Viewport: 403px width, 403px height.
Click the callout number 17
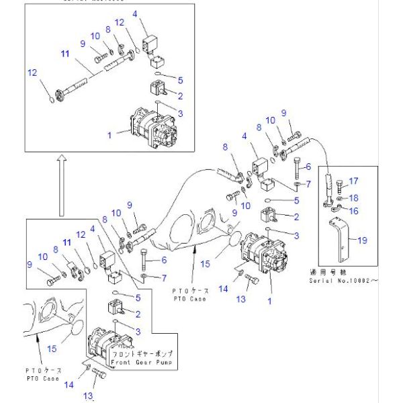[x=354, y=180]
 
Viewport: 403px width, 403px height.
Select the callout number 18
[x=354, y=197]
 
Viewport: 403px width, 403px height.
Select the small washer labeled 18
[x=341, y=198]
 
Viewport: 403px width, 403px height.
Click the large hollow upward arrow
[x=61, y=185]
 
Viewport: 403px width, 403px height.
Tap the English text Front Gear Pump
[x=141, y=362]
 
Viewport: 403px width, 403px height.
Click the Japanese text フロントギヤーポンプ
[x=141, y=353]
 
